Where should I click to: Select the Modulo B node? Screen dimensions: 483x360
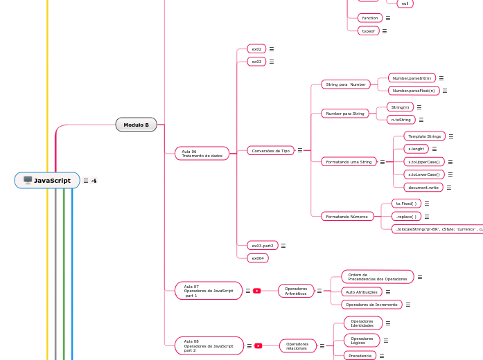tap(137, 125)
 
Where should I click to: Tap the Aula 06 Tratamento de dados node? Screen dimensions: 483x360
tap(202, 154)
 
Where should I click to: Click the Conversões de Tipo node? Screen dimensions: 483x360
tap(271, 150)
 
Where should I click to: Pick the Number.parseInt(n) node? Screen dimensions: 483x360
tap(412, 78)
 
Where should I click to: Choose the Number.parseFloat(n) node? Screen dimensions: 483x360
tap(414, 91)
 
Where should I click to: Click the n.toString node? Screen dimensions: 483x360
tap(401, 120)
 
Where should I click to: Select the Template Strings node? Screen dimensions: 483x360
tap(424, 136)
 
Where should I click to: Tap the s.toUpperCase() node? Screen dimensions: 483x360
tap(424, 161)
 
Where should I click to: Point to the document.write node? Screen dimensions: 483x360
tap(423, 187)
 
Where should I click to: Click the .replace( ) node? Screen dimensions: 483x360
tap(406, 216)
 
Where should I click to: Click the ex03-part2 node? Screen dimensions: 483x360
tap(263, 246)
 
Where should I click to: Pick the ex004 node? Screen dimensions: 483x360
tap(258, 258)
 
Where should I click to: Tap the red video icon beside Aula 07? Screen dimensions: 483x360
tap(257, 291)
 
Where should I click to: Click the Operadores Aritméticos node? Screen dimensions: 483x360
tap(296, 291)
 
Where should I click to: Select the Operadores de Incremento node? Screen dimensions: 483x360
tap(371, 305)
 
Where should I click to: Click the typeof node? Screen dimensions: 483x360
tap(368, 31)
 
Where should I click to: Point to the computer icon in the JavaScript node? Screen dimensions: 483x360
tap(28, 181)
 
